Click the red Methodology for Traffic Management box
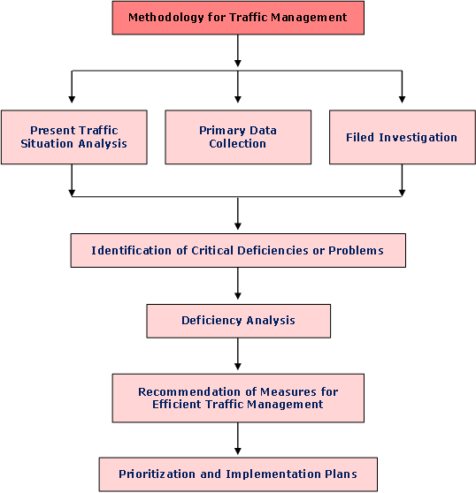click(238, 18)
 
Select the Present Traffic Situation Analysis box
click(74, 137)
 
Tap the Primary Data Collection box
click(238, 137)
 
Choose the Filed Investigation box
click(403, 137)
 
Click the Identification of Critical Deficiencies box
click(238, 250)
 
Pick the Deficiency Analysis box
click(239, 321)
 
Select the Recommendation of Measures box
click(238, 398)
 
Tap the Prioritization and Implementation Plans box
click(238, 474)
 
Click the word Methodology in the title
click(166, 18)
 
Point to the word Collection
click(238, 144)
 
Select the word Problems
click(356, 251)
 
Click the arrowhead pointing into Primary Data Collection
click(238, 99)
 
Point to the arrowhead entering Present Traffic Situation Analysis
click(72, 99)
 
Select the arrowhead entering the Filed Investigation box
click(402, 99)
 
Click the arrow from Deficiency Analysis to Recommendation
click(238, 354)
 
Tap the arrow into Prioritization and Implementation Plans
click(238, 438)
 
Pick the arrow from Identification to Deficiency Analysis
click(238, 284)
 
